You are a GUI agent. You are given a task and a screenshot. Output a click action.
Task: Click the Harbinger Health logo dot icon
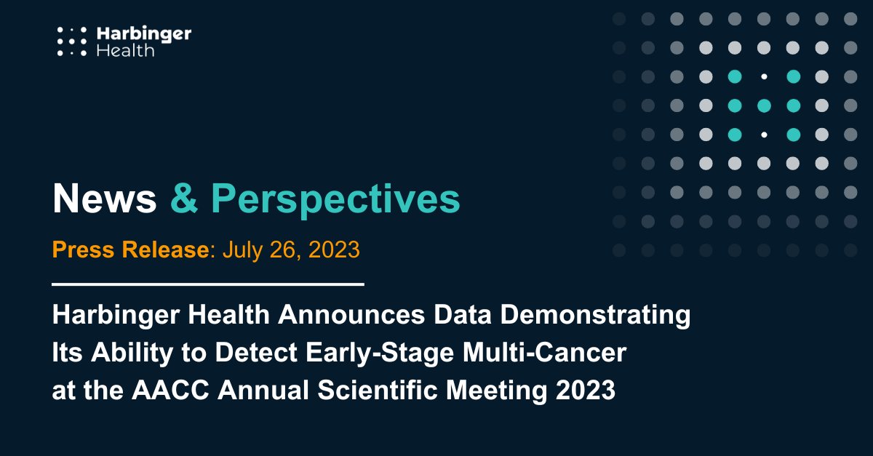[72, 41]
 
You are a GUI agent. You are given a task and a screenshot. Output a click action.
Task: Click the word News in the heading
[105, 199]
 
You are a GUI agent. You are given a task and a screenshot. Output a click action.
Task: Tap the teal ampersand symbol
[184, 199]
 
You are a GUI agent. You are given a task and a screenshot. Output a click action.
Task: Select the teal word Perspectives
[335, 200]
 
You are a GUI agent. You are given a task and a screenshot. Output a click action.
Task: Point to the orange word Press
[84, 249]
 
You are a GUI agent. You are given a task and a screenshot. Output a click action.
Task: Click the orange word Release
[166, 249]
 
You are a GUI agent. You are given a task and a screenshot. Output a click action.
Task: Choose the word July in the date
[242, 251]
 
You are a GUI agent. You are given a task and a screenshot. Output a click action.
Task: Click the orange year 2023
[334, 249]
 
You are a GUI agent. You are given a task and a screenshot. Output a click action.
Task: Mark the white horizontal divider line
[208, 284]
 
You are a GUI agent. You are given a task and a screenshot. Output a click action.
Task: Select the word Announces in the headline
[351, 314]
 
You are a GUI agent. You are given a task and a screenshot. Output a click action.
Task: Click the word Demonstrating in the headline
[595, 316]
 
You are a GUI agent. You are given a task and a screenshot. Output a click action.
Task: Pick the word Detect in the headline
[256, 353]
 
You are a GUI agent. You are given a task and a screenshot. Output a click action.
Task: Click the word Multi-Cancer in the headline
[544, 353]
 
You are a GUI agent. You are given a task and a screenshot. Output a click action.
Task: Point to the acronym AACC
[171, 390]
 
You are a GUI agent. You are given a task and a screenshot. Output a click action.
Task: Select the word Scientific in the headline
[378, 390]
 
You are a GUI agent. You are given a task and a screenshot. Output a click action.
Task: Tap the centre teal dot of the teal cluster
[764, 105]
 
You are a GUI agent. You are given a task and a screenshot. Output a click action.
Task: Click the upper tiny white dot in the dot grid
[764, 77]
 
